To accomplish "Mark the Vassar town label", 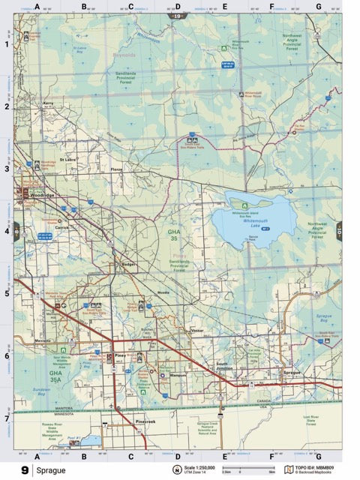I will tap(197, 330).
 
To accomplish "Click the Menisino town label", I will tap(43, 340).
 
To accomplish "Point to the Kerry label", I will tap(49, 103).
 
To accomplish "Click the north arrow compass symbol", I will tap(178, 471).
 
